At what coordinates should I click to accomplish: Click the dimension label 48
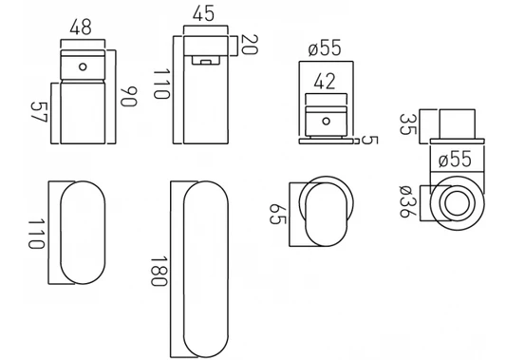tap(81, 28)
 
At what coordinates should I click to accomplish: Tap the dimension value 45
tap(203, 13)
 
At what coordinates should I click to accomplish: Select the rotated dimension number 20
tap(250, 45)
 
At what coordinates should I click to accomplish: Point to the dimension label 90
tap(129, 97)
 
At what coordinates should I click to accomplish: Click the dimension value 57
tap(39, 112)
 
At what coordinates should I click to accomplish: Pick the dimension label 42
tap(325, 82)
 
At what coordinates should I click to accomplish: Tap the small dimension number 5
tap(369, 140)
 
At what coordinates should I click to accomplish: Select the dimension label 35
tap(408, 124)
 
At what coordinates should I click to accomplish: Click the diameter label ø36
tap(407, 201)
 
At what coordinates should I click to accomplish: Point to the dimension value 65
tap(277, 214)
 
